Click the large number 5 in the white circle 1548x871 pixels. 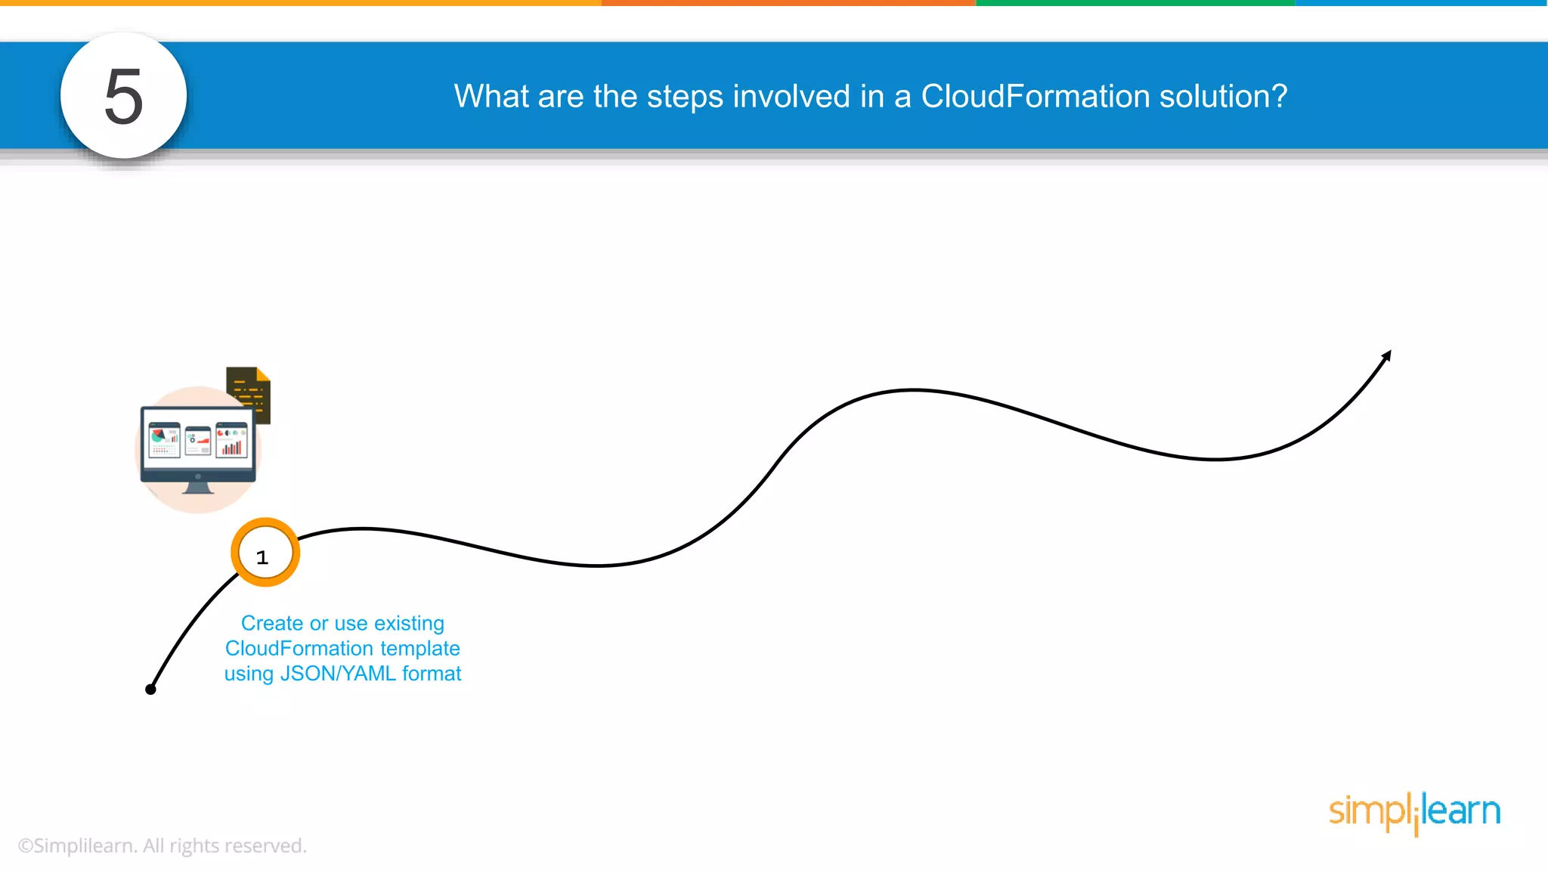123,96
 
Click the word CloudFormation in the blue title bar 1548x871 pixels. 1035,96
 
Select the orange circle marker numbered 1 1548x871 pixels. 265,553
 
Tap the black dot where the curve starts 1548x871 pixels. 150,689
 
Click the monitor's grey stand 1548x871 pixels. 198,488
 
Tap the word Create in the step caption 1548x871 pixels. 271,623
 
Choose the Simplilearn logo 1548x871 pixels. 1414,812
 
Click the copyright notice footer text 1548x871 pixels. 162,845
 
